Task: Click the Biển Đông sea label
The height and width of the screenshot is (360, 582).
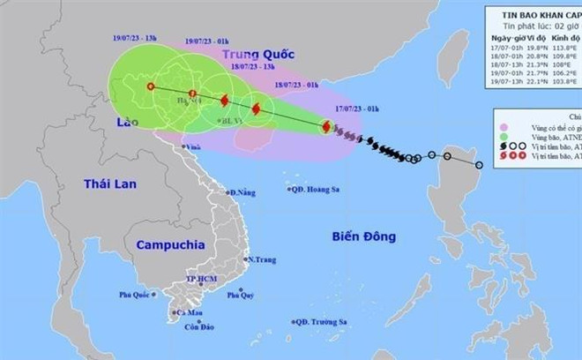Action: pyautogui.click(x=364, y=236)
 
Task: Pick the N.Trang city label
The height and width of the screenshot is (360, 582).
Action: pyautogui.click(x=263, y=259)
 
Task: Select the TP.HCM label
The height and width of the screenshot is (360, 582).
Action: pyautogui.click(x=202, y=280)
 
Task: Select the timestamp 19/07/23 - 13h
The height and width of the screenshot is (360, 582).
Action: pyautogui.click(x=135, y=39)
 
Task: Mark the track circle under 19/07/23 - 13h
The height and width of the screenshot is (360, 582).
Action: pyautogui.click(x=151, y=86)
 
